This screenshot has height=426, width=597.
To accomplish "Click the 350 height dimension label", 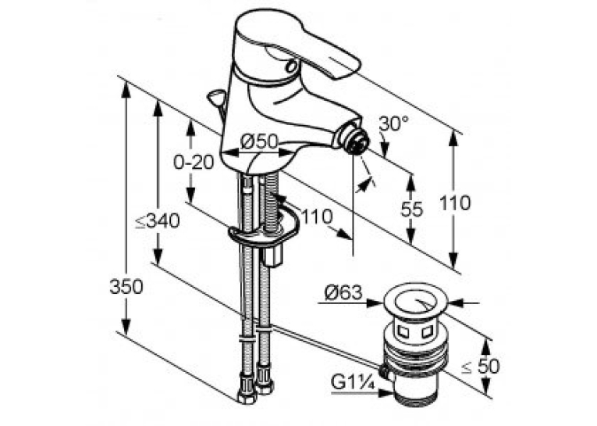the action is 126,287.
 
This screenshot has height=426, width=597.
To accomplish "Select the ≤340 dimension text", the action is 158,221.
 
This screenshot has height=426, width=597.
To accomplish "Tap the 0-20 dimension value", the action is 194,163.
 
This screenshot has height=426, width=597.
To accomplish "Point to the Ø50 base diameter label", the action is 259,142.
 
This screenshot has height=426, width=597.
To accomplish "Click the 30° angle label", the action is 393,124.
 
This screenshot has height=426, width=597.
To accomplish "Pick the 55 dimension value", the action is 411,209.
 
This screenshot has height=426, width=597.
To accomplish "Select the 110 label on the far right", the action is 455,202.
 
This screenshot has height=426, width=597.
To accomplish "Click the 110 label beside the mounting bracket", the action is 317,217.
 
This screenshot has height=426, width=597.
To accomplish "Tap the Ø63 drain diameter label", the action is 343,292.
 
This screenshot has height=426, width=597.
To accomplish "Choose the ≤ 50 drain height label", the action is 481,366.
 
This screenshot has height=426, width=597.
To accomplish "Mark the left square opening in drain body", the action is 402,331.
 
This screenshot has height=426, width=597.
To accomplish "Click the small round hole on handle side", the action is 291,66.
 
